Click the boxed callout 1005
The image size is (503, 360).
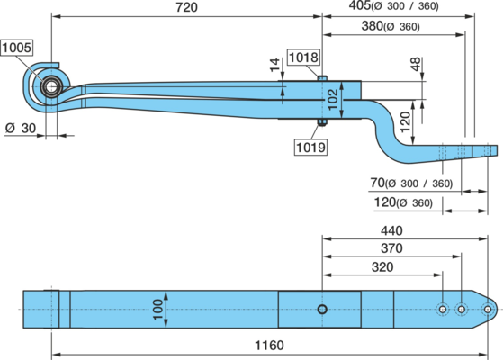pyautogui.click(x=17, y=48)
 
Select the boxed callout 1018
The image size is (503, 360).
pyautogui.click(x=303, y=58)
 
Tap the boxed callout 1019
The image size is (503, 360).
pyautogui.click(x=310, y=148)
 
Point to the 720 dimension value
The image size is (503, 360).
pyautogui.click(x=186, y=7)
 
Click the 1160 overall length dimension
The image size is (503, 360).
pyautogui.click(x=269, y=346)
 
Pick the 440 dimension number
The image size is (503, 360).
pyautogui.click(x=391, y=230)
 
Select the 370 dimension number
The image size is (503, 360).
pyautogui.click(x=391, y=248)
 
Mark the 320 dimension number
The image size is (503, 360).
pyautogui.click(x=382, y=267)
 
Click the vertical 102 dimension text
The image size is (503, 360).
pyautogui.click(x=333, y=99)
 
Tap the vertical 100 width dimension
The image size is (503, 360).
pyautogui.click(x=157, y=310)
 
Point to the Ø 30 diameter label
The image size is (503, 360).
pyautogui.click(x=21, y=129)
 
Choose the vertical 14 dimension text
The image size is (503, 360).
pyautogui.click(x=275, y=65)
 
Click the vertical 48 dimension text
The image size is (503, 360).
pyautogui.click(x=415, y=64)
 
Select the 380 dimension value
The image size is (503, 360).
pyautogui.click(x=373, y=26)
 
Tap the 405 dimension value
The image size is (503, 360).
pyautogui.click(x=360, y=5)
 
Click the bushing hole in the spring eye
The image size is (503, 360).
pyautogui.click(x=51, y=86)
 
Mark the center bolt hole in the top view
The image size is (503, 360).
pyautogui.click(x=322, y=310)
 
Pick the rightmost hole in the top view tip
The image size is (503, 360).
pyautogui.click(x=488, y=310)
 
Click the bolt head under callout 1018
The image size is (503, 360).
pyautogui.click(x=322, y=78)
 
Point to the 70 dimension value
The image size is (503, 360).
pyautogui.click(x=377, y=183)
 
